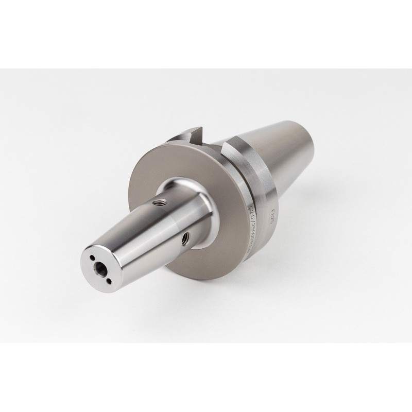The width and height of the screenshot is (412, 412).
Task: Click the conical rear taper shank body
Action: (288, 154)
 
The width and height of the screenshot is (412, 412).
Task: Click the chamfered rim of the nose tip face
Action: (82, 268)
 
